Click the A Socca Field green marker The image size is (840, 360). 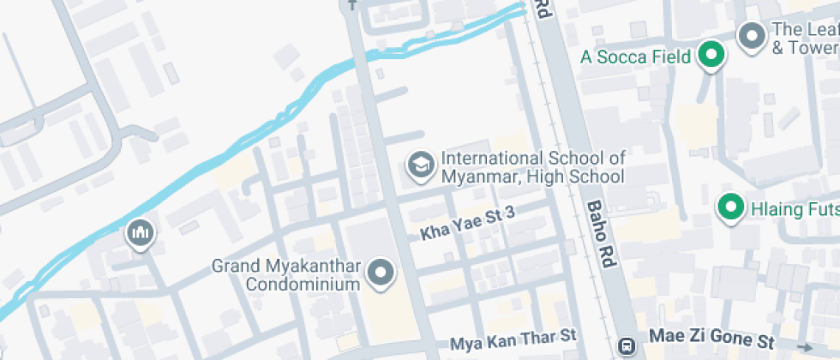click(x=710, y=57)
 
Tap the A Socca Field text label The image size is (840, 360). click(x=635, y=57)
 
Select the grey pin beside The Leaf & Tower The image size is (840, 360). click(x=752, y=37)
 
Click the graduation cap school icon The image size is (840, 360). click(x=420, y=166)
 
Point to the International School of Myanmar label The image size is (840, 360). click(x=532, y=168)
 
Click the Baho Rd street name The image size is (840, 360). click(x=602, y=236)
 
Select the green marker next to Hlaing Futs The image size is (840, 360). click(x=729, y=207)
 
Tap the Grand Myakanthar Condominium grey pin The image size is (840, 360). click(x=380, y=273)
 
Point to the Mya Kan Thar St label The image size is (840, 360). click(x=513, y=341)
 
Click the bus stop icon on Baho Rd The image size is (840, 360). click(x=627, y=347)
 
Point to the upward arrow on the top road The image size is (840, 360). click(x=351, y=5)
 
